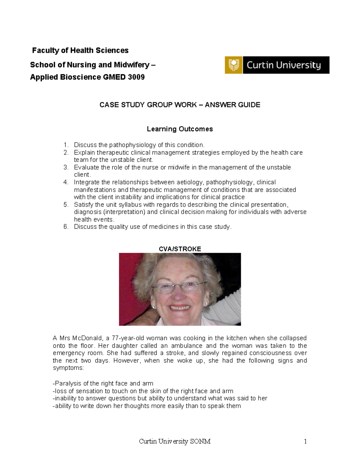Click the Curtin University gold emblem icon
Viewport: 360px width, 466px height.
pyautogui.click(x=233, y=65)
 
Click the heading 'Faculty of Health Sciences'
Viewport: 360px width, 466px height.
pyautogui.click(x=80, y=50)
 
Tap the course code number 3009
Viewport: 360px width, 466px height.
pyautogui.click(x=136, y=77)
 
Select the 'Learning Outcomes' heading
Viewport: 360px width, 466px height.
pyautogui.click(x=180, y=129)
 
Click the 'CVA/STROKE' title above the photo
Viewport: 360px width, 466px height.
pyautogui.click(x=180, y=249)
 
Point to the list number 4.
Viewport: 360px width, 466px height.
pyautogui.click(x=66, y=182)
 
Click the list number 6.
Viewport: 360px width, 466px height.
pyautogui.click(x=66, y=227)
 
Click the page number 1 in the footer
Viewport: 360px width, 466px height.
pyautogui.click(x=305, y=441)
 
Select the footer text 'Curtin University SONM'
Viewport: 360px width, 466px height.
pyautogui.click(x=175, y=441)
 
